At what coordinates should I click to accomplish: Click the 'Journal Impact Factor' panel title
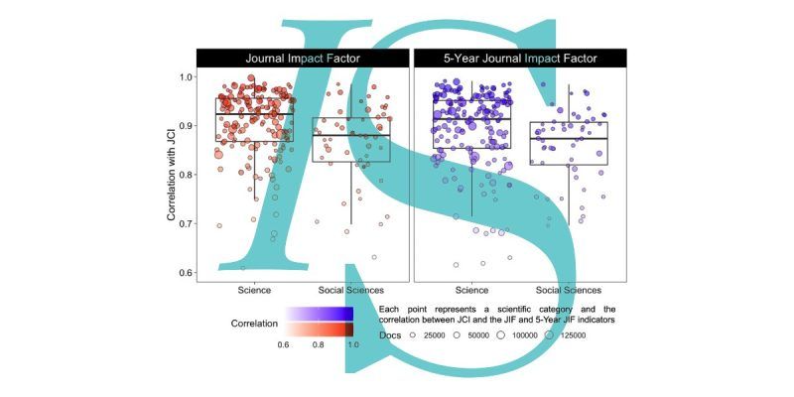click(303, 59)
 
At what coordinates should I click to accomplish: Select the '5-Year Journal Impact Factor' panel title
click(520, 59)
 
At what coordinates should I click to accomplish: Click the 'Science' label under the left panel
click(254, 290)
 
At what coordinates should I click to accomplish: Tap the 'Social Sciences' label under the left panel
click(351, 290)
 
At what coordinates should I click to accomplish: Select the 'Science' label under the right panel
click(472, 290)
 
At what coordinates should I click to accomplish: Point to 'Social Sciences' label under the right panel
click(569, 290)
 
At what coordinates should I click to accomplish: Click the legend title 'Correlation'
click(254, 324)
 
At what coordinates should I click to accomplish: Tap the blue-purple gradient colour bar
click(319, 314)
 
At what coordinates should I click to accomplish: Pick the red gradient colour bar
click(319, 330)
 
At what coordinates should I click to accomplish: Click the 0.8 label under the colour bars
click(318, 344)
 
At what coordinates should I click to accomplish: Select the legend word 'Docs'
click(390, 335)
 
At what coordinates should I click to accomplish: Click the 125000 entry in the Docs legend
click(565, 335)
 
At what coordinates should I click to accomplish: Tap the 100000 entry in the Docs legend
click(517, 335)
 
